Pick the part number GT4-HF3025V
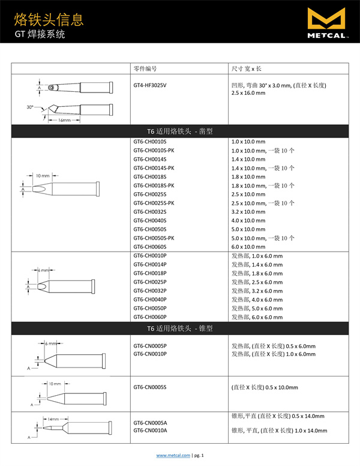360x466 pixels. pyautogui.click(x=150, y=85)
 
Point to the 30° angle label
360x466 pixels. pyautogui.click(x=30, y=107)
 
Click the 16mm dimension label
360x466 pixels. pyautogui.click(x=65, y=120)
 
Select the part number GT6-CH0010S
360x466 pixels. pyautogui.click(x=150, y=142)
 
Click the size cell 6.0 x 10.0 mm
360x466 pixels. pyautogui.click(x=248, y=247)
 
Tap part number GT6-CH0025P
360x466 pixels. pyautogui.click(x=150, y=282)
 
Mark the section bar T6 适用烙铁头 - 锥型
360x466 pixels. pyautogui.click(x=180, y=328)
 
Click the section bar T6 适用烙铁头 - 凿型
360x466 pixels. pyautogui.click(x=180, y=131)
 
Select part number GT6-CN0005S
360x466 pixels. pyautogui.click(x=150, y=387)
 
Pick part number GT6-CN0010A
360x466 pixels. pyautogui.click(x=150, y=431)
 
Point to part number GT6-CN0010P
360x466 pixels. pyautogui.click(x=150, y=354)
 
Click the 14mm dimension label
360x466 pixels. pyautogui.click(x=53, y=419)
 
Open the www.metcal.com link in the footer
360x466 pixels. pyautogui.click(x=173, y=456)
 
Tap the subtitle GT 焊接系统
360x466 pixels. pyautogui.click(x=40, y=35)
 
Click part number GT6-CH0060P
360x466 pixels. pyautogui.click(x=150, y=317)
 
